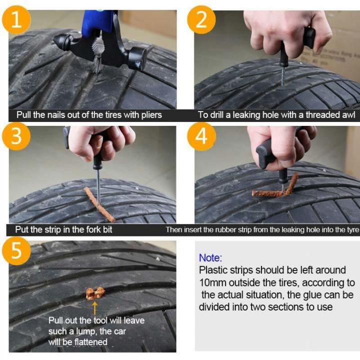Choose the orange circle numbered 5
[x=17, y=250]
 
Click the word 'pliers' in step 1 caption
[x=150, y=115]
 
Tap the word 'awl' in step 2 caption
[x=348, y=115]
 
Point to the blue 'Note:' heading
[x=210, y=258]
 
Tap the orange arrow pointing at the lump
[x=94, y=307]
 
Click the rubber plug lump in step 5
[x=94, y=292]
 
